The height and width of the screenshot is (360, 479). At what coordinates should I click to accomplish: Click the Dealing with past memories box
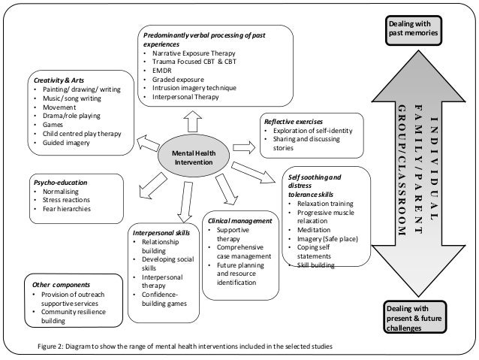[x=412, y=29]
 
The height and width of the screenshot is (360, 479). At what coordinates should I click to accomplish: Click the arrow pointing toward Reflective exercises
[x=243, y=141]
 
